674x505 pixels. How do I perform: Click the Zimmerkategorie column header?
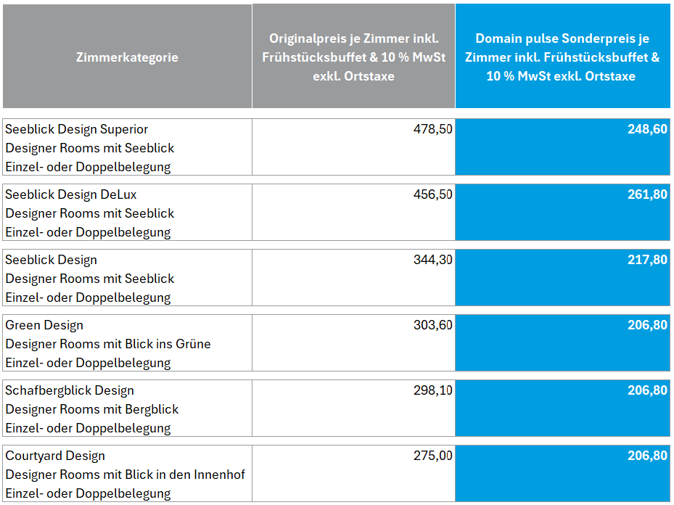127,57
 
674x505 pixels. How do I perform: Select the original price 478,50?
433,129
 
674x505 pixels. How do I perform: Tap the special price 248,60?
647,129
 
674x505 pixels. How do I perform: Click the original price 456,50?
433,194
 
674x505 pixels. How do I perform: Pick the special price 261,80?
647,194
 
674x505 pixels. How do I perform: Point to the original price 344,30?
433,260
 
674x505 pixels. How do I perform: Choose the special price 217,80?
647,260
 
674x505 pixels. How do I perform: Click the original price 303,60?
433,325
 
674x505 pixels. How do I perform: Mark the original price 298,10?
433,390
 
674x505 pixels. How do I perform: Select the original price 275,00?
433,456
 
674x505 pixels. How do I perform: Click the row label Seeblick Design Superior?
77,129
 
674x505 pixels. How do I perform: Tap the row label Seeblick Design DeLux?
71,194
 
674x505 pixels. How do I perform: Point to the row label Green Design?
44,325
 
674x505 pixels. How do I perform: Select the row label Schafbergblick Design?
70,390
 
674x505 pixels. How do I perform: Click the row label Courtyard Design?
55,456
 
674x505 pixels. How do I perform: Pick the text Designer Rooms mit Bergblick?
92,409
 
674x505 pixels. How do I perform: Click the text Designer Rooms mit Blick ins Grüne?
108,344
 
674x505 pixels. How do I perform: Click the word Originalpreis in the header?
305,38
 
